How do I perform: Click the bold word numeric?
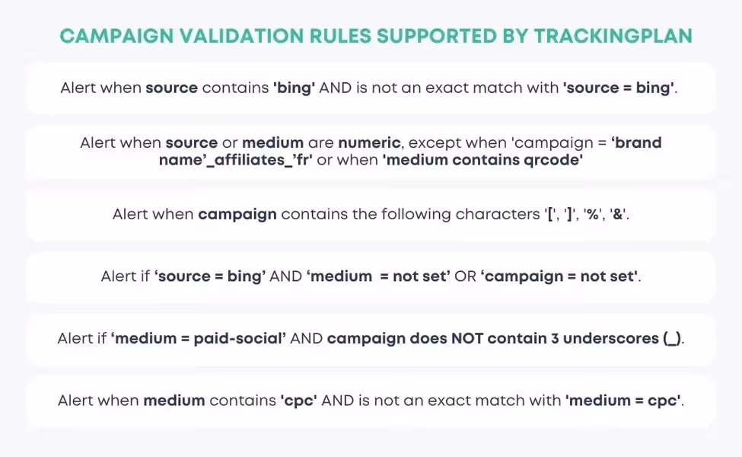tap(371, 142)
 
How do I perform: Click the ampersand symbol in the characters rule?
tap(619, 214)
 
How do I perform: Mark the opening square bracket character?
tap(550, 214)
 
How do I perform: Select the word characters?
tap(497, 214)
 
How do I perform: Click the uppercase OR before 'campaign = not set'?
tap(465, 276)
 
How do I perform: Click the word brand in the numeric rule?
tap(641, 142)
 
